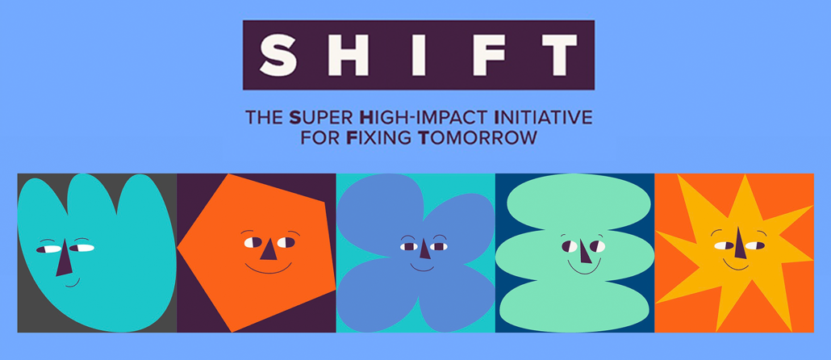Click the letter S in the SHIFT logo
pos(279,55)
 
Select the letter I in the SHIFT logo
pos(408,55)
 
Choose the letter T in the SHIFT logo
pos(555,55)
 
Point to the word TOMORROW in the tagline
pos(478,138)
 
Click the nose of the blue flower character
pos(424,248)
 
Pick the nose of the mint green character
pos(584,251)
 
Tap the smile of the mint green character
pos(583,268)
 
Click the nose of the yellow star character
pos(740,243)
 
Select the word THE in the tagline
pos(264,117)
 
